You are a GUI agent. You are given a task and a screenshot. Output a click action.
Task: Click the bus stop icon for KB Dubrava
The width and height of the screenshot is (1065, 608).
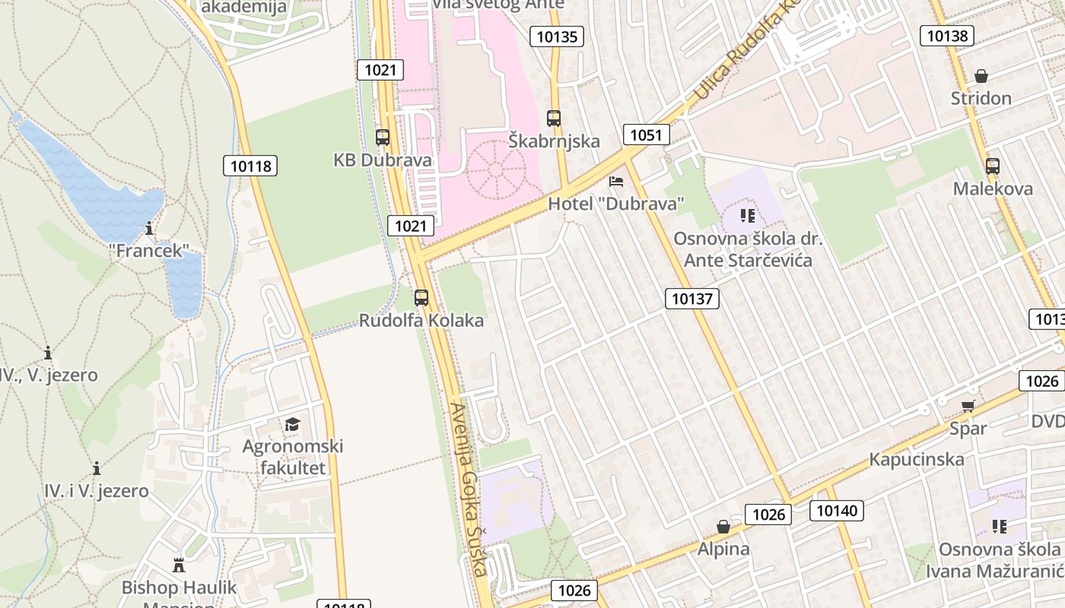tap(383, 138)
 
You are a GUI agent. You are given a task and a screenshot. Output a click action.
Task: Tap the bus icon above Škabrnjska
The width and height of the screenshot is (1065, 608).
tap(554, 119)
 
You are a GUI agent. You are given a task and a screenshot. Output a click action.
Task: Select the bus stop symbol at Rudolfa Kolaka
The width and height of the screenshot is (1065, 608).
tap(421, 298)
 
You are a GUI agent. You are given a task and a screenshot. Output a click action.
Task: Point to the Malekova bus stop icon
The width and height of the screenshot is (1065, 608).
tap(993, 166)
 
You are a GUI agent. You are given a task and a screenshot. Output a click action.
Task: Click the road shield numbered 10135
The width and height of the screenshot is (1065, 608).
tap(558, 36)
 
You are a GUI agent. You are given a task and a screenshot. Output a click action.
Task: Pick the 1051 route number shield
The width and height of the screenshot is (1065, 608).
tap(646, 135)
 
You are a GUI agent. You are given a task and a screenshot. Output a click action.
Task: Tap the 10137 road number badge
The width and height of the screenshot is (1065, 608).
tap(692, 299)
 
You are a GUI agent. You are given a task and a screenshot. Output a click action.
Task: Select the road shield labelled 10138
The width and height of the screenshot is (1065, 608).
tap(946, 35)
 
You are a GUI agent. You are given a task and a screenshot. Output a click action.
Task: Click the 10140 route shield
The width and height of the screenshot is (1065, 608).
tap(837, 511)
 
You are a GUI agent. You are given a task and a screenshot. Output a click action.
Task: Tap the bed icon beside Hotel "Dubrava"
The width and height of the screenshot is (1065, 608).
tap(616, 182)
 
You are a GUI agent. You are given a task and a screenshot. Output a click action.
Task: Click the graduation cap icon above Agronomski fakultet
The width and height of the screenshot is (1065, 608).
tap(293, 424)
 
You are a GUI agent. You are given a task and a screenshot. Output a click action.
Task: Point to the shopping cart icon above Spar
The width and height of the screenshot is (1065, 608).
tap(968, 407)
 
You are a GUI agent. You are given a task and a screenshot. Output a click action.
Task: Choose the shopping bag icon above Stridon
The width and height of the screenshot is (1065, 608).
tap(981, 76)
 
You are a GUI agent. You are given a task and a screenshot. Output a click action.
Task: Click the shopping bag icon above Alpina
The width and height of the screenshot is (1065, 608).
tap(723, 527)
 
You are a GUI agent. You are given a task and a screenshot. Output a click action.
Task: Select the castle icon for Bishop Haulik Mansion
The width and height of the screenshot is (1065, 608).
tap(180, 565)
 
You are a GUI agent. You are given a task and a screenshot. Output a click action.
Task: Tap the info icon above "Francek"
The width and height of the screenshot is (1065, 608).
tap(149, 228)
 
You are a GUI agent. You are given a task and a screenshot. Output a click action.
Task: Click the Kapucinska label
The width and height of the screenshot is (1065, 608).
tap(917, 459)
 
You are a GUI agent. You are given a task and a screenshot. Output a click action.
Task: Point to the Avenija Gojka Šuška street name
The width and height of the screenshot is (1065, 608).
tap(469, 489)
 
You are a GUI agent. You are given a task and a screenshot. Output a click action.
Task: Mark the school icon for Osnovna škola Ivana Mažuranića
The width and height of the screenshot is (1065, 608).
tap(999, 527)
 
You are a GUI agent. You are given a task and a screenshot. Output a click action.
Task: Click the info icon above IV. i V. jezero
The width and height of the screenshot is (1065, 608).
tap(97, 468)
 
